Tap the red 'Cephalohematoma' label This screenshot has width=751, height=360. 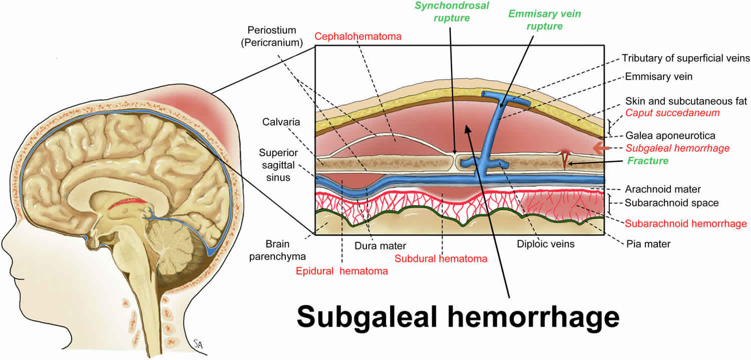tap(358, 37)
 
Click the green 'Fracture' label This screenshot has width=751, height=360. tap(649, 161)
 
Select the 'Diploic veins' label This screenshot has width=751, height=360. tap(546, 244)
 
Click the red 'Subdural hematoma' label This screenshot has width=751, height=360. tap(441, 259)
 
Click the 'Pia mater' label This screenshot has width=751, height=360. tap(648, 244)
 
